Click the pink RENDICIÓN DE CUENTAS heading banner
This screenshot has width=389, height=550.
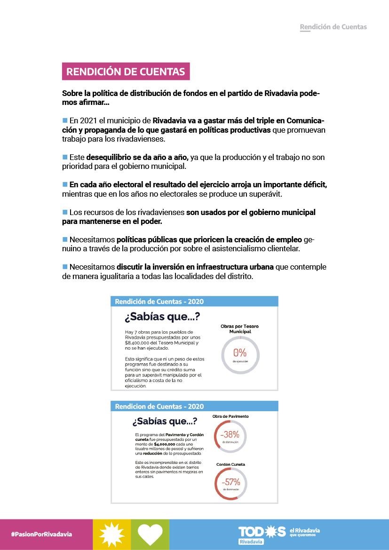pos(126,72)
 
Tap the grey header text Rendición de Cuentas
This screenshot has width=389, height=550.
pos(333,27)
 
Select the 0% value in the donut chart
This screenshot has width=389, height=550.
pos(240,352)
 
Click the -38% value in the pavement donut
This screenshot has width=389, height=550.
pos(230,434)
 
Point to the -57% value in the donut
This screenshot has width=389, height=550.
pos(231,482)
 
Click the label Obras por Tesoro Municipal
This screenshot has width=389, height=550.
pos(239,329)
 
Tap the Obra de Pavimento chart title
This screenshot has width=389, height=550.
pos(230,416)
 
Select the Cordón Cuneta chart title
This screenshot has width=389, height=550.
pos(230,464)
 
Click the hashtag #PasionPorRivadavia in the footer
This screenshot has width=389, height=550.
pos(42,534)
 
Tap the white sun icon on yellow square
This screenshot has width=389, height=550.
pos(112,534)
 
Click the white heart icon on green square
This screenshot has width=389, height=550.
pos(150,534)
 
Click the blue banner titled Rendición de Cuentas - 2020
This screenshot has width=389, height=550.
pos(194,302)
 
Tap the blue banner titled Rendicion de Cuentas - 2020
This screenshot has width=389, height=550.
pos(194,407)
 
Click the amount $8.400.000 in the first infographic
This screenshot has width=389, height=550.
pos(136,343)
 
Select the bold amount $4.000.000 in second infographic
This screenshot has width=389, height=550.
pos(165,444)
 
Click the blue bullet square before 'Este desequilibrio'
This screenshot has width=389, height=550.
pos(65,157)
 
